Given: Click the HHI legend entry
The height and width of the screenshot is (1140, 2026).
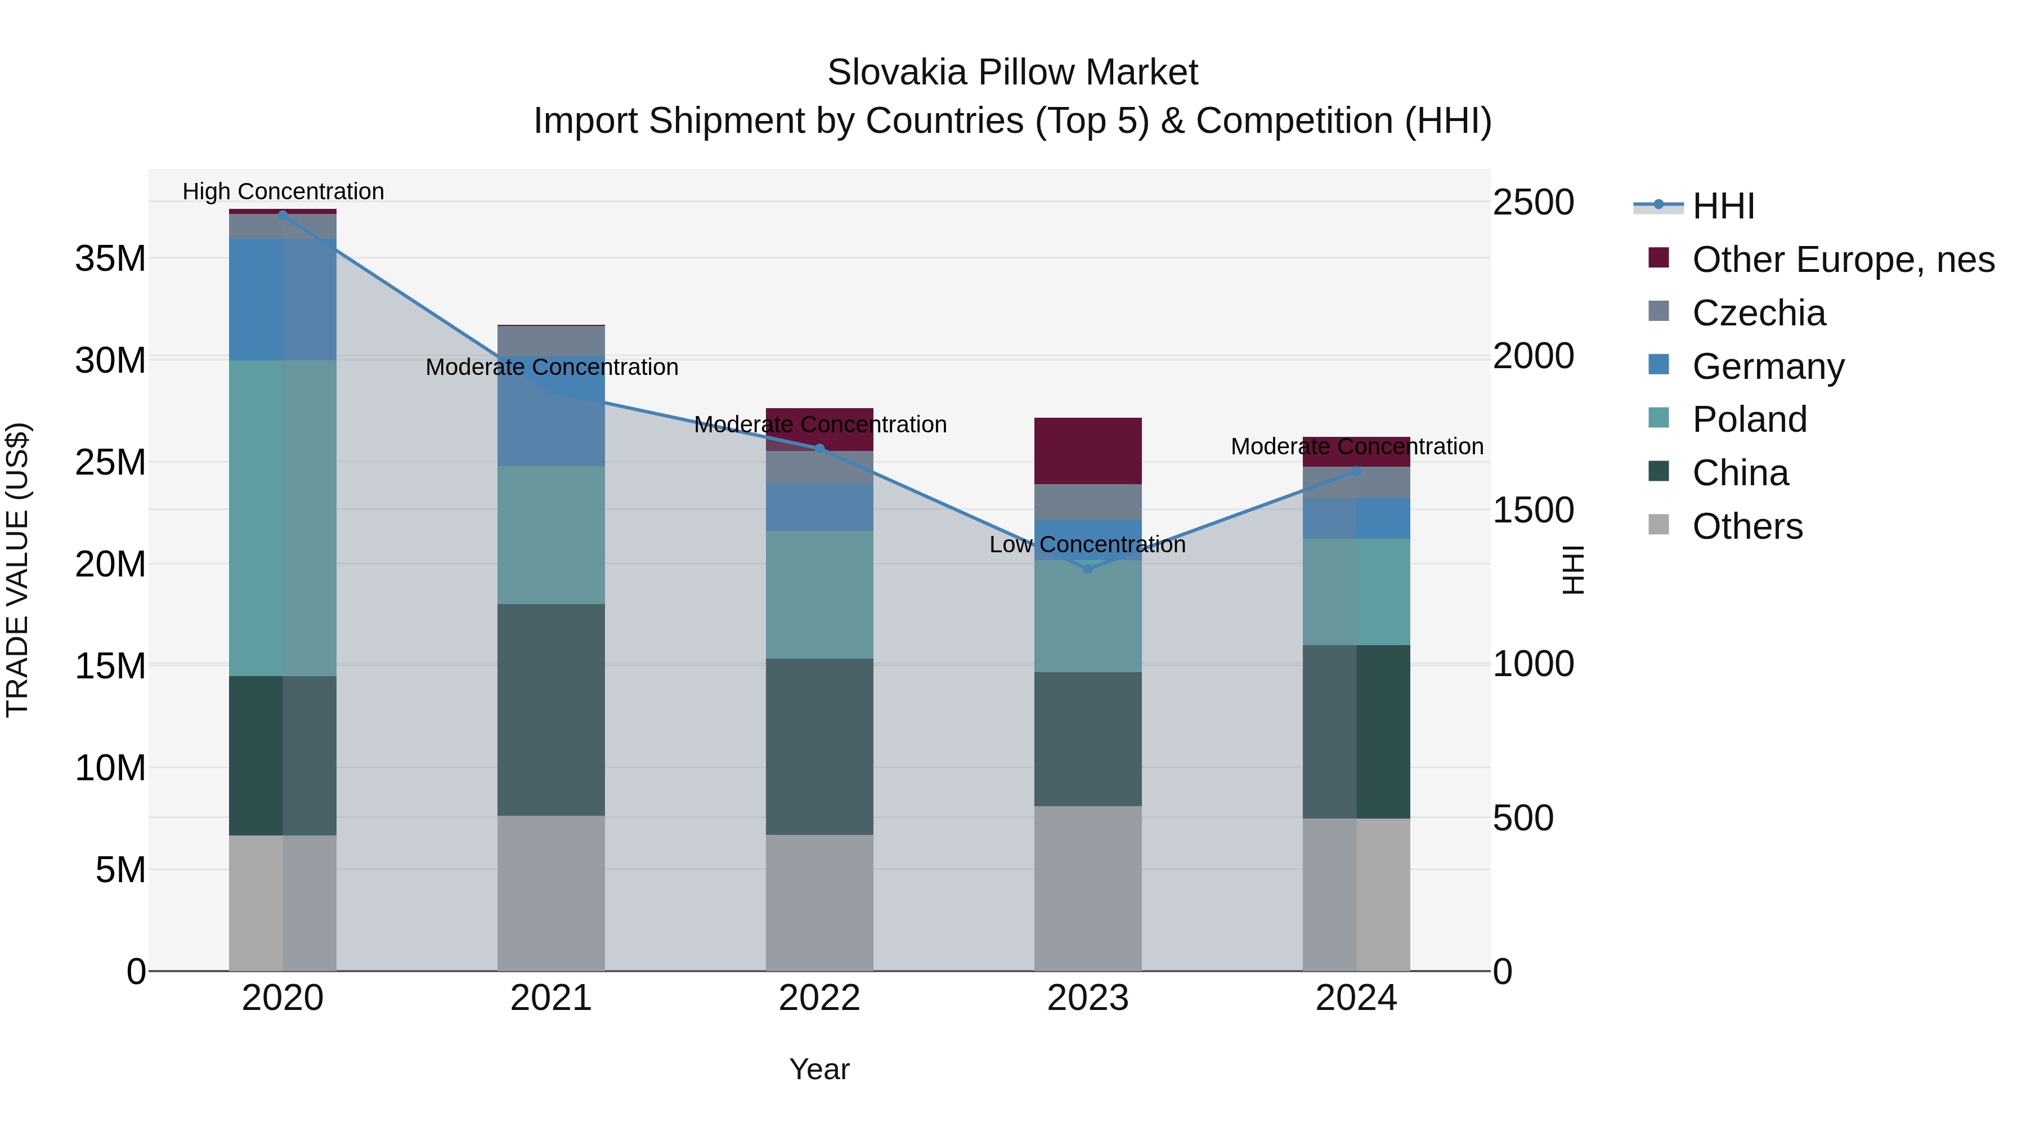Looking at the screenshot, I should (1723, 206).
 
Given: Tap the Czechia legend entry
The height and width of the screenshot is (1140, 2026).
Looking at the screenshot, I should (1758, 313).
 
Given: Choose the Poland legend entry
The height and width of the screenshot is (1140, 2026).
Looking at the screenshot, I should (1749, 419).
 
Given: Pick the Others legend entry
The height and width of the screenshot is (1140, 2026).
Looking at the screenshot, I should (1747, 526).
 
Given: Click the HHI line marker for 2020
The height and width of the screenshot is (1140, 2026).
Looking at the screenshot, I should (283, 215).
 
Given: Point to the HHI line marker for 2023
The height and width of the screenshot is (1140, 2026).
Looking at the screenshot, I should (1088, 569).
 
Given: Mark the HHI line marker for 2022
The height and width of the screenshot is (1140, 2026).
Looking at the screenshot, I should (819, 449).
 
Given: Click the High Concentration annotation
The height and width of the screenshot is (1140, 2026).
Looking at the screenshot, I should (283, 191).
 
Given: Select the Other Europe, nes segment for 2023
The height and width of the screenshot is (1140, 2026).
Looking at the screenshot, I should (1088, 451).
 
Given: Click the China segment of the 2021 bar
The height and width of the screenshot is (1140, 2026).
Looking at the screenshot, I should (552, 710).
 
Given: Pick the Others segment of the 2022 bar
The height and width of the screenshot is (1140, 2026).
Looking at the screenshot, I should (819, 902).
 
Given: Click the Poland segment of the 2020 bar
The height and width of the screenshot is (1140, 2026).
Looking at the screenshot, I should (283, 518).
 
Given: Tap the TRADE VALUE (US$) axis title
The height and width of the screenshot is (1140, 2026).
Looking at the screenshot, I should (17, 570).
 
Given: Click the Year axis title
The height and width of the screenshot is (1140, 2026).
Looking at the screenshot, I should (819, 1069).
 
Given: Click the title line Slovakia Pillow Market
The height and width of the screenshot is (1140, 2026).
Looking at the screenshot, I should (1012, 73).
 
